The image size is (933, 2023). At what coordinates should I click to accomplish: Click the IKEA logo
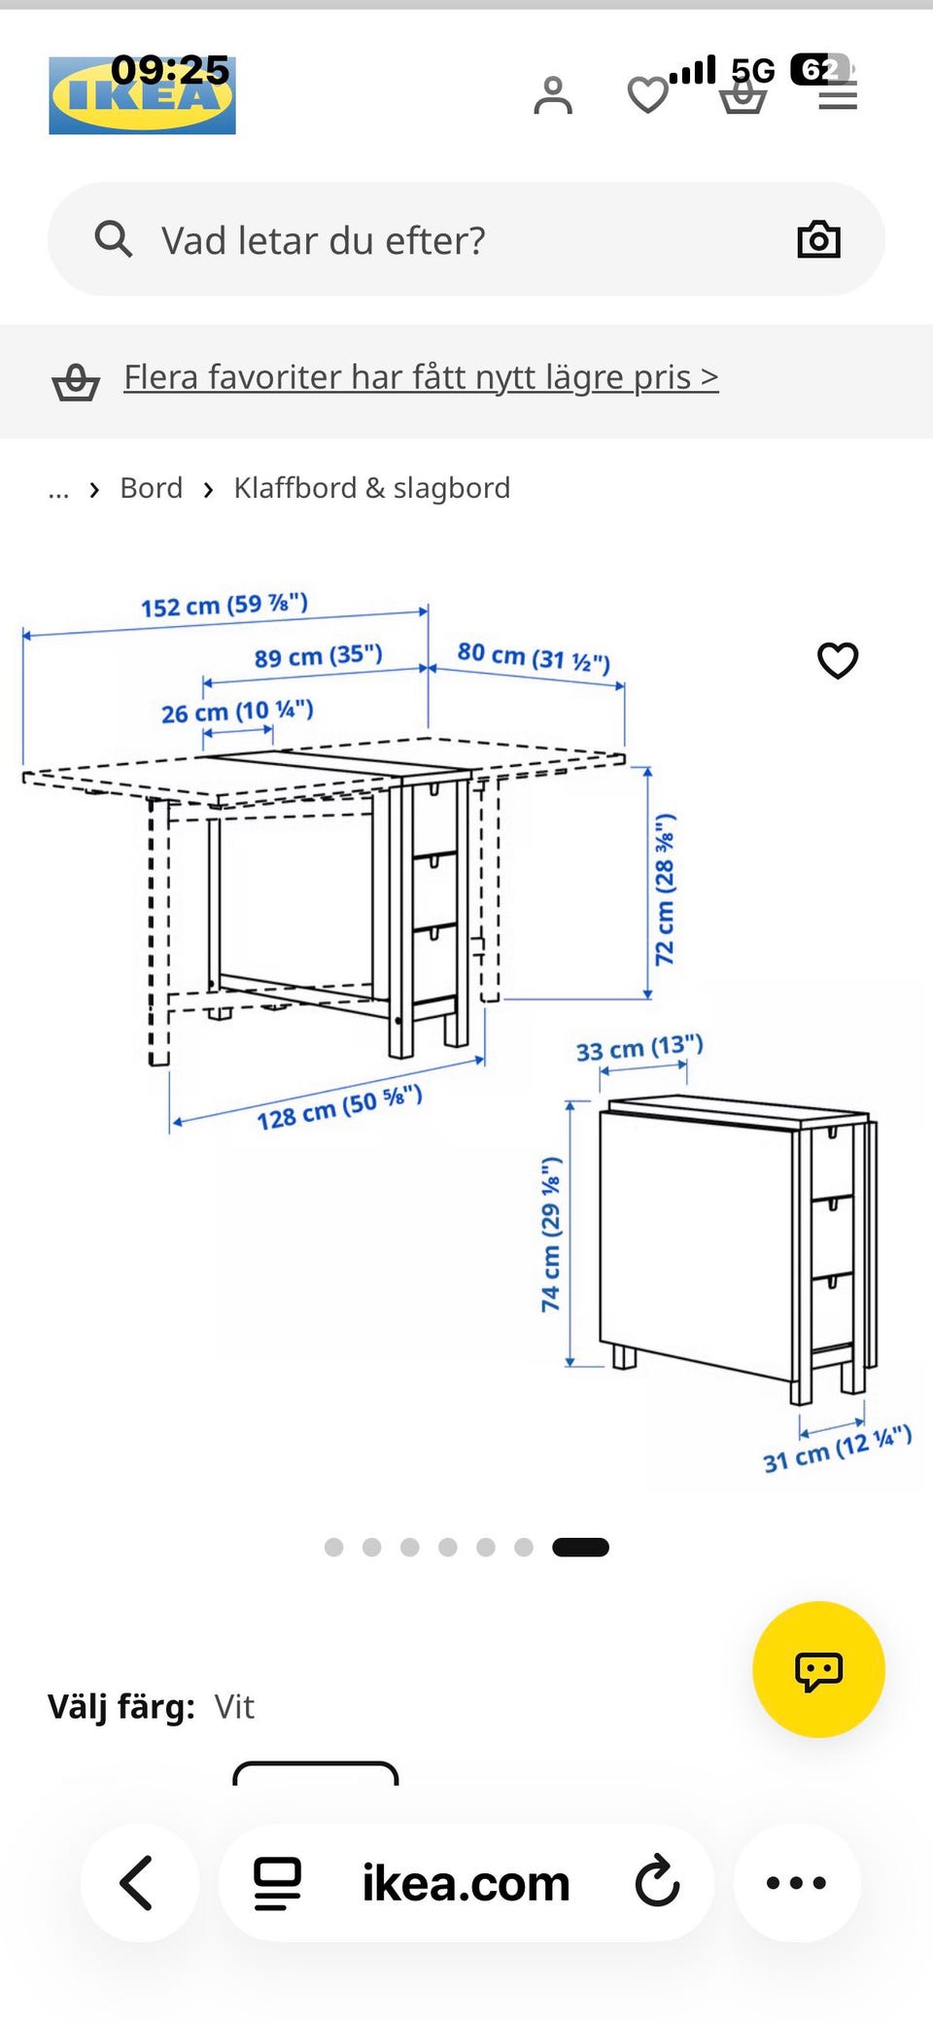point(142,95)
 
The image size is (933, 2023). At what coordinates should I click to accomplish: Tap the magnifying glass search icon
point(114,238)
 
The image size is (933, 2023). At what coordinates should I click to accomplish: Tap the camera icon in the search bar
point(818,238)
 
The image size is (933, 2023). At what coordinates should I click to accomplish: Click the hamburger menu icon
point(838,95)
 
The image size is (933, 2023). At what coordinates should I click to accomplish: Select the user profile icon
point(553,95)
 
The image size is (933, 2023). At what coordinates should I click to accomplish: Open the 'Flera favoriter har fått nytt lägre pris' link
point(421,377)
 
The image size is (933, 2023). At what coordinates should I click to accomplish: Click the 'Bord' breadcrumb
point(151,488)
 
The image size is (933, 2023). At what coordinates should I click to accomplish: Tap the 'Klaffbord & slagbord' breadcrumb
point(371,488)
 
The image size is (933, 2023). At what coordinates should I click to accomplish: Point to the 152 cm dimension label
point(225,605)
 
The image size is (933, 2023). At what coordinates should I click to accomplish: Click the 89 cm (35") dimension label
point(319,656)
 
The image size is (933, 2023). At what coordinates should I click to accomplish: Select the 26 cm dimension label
point(237,712)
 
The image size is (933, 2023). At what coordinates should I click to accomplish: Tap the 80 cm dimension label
point(534,657)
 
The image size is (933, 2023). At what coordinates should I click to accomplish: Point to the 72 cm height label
point(665,889)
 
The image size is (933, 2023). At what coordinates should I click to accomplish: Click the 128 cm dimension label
point(339,1108)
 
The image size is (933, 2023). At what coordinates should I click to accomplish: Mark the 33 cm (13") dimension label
point(639,1048)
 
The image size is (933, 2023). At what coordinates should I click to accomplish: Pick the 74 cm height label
point(551,1234)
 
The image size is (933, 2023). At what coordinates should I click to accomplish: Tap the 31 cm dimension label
point(837,1449)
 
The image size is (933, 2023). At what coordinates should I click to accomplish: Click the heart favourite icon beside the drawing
point(838,660)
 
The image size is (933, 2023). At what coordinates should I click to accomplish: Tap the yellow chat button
point(818,1669)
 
